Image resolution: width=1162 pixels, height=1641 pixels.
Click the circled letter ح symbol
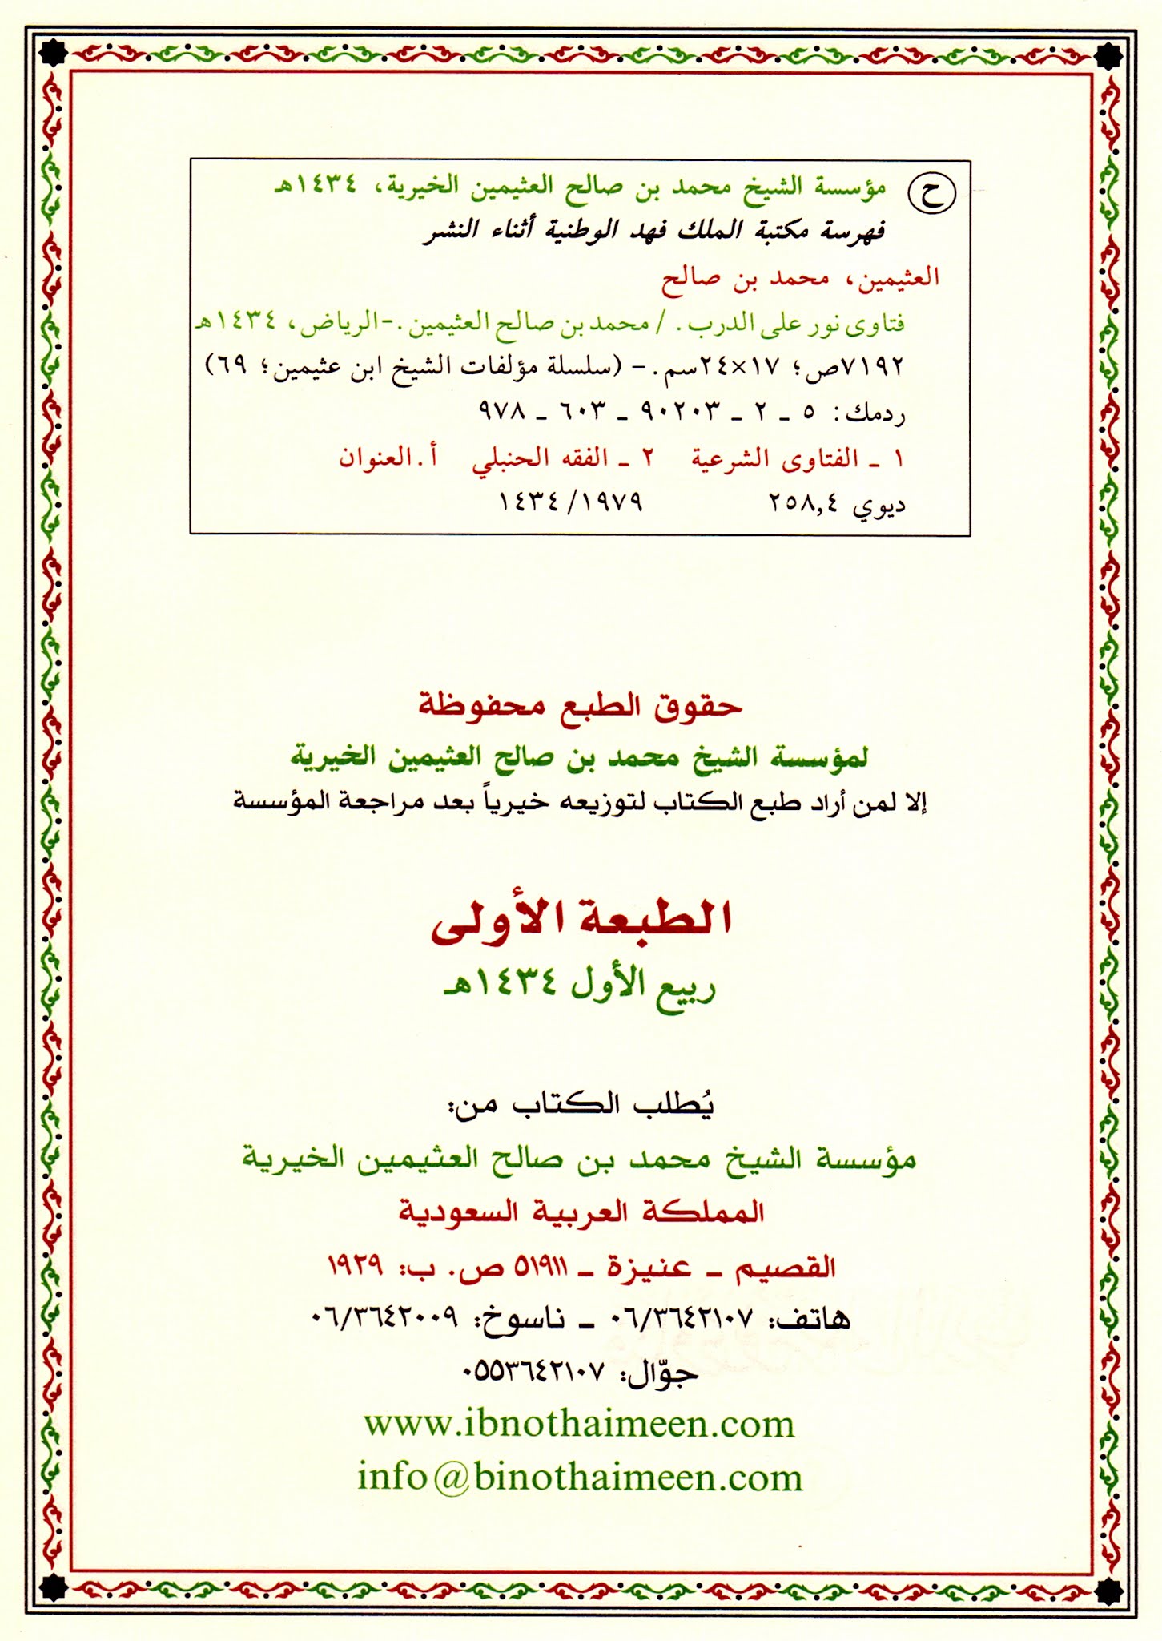click(931, 193)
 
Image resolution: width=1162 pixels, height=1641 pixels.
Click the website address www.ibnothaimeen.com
click(579, 1424)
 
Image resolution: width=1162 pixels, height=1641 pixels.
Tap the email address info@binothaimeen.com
click(580, 1477)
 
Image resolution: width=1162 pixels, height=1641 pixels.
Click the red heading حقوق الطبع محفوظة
click(581, 705)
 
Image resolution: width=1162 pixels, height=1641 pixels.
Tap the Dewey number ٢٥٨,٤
click(803, 503)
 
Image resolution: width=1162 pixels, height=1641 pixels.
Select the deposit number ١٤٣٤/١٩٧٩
click(570, 503)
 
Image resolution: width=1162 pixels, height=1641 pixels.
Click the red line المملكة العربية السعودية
click(581, 1212)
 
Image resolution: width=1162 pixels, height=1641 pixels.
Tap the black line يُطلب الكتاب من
click(581, 1104)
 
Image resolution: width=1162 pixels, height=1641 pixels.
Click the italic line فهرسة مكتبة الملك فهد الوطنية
click(653, 232)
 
